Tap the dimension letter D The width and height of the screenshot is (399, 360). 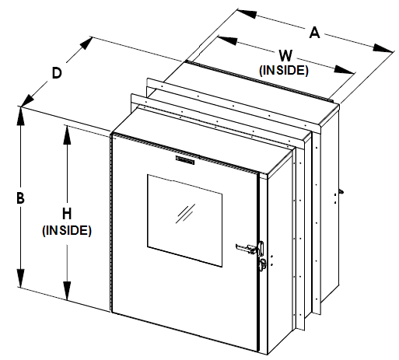click(57, 73)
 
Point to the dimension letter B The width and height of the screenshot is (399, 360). click(20, 197)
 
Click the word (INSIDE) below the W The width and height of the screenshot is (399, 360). click(284, 71)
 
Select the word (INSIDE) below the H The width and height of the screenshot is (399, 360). click(68, 230)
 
